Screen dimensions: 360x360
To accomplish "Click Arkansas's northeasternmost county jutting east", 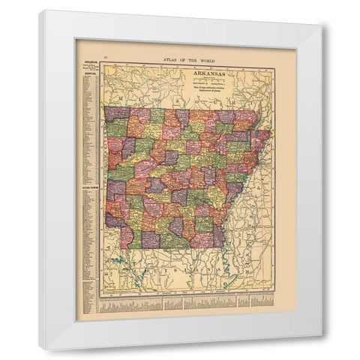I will click(x=262, y=139).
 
